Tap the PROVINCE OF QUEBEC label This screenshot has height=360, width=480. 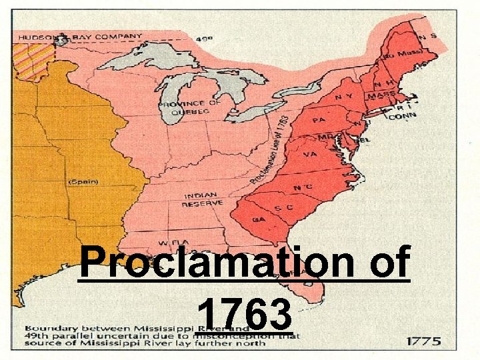point(189,107)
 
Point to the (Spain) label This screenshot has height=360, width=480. point(83,181)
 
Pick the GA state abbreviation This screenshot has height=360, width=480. point(258,219)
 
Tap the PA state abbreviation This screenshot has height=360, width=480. point(319,121)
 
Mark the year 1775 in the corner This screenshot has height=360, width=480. point(424,341)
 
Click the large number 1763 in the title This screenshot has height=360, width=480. point(245,313)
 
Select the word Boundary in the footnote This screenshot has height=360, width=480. point(50,328)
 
